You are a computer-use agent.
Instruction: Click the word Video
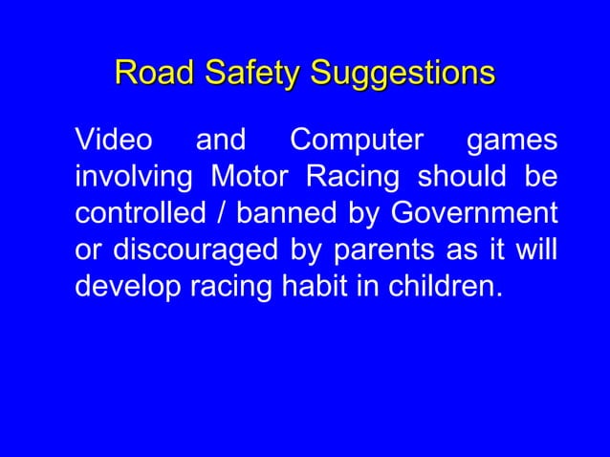coord(113,141)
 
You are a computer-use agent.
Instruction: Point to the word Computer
coord(357,142)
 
